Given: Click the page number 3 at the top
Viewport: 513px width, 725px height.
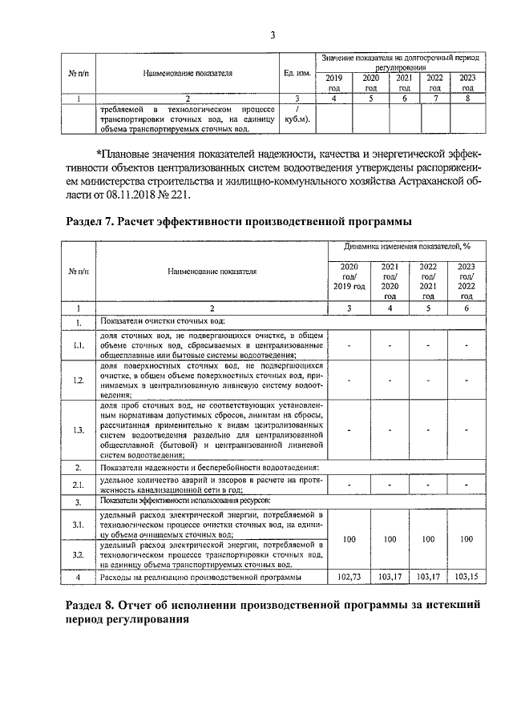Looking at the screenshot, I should click(x=272, y=34).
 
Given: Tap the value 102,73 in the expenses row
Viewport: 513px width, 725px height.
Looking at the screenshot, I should click(x=349, y=576).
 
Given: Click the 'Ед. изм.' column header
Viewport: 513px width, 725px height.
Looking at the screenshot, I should click(x=297, y=72).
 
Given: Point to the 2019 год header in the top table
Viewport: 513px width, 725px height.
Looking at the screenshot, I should click(x=333, y=83).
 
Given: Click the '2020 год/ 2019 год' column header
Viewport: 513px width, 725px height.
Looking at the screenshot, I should click(x=349, y=276).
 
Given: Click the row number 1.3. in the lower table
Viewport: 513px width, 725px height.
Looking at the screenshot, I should click(x=79, y=430).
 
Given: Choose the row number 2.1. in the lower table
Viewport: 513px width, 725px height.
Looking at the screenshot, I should click(x=79, y=484).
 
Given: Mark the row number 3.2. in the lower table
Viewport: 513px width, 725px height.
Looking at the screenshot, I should click(x=79, y=554).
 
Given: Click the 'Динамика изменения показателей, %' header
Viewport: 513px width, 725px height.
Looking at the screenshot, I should click(x=408, y=248).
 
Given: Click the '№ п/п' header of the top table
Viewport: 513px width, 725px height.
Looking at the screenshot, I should click(x=78, y=72).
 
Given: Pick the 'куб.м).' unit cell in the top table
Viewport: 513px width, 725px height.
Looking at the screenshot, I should click(x=297, y=119).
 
